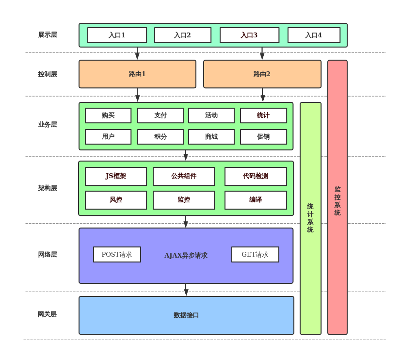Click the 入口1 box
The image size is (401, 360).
click(117, 35)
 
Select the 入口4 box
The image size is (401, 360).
click(314, 35)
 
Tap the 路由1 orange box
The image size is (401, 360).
click(137, 74)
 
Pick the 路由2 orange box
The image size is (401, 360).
click(262, 74)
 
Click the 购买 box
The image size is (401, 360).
click(108, 115)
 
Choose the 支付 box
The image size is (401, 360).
click(160, 115)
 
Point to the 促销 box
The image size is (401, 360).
click(263, 137)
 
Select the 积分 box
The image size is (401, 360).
click(160, 137)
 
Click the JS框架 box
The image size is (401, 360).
click(116, 176)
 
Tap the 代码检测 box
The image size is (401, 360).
click(256, 176)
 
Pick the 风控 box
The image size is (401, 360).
click(116, 200)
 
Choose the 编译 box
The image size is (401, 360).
click(256, 200)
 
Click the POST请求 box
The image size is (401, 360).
click(117, 254)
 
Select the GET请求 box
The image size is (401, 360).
click(255, 254)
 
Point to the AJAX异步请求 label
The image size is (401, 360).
click(186, 255)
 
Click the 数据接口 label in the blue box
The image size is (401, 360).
click(186, 315)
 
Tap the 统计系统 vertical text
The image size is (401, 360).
click(310, 218)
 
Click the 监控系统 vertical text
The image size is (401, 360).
click(337, 201)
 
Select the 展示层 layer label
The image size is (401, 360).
click(48, 35)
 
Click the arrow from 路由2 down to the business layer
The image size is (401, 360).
click(263, 95)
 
